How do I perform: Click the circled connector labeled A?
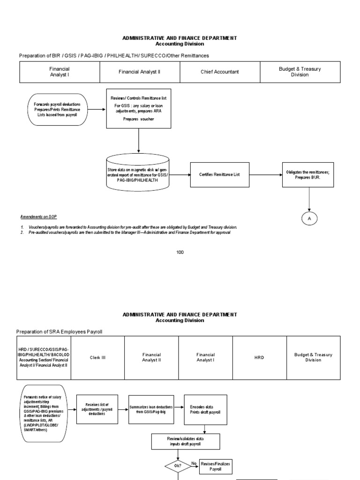click(x=310, y=219)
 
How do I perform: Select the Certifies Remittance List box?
click(x=220, y=174)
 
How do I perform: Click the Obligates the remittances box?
click(x=308, y=175)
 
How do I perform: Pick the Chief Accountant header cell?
click(x=219, y=72)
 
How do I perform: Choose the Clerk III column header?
click(x=97, y=358)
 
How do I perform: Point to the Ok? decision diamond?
click(x=178, y=466)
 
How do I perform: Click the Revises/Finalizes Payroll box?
click(x=216, y=466)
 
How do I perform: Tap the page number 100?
click(x=180, y=252)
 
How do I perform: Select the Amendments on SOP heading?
click(x=38, y=217)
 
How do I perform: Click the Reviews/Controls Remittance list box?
click(x=138, y=108)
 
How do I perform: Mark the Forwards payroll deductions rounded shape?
click(x=57, y=109)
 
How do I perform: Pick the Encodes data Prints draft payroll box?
click(x=205, y=409)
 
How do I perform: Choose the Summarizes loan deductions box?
click(x=151, y=409)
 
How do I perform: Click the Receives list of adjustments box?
click(x=97, y=409)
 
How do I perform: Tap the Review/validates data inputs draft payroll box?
click(x=186, y=441)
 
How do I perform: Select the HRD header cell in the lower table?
click(x=259, y=358)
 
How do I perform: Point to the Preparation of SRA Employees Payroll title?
click(x=59, y=332)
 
